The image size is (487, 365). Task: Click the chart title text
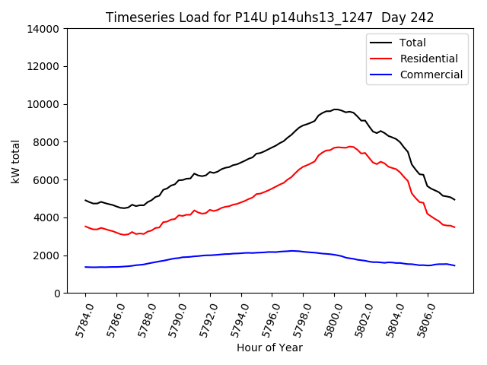click(x=270, y=17)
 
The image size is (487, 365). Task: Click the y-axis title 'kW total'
click(x=16, y=161)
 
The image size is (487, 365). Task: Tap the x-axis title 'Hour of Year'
click(x=269, y=348)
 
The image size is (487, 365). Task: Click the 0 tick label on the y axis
click(x=57, y=293)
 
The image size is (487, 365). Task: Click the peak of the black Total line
click(x=336, y=109)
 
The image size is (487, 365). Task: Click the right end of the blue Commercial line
click(x=454, y=265)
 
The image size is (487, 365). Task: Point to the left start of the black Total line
click(x=85, y=200)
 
